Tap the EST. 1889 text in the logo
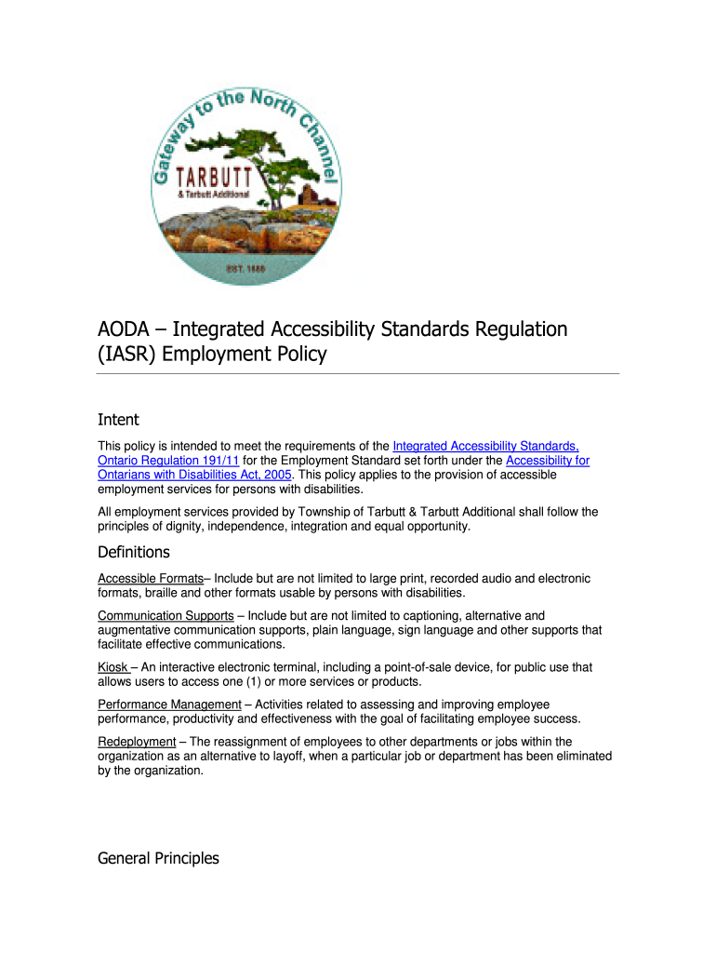click(246, 269)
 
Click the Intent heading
click(118, 421)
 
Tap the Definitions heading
click(134, 552)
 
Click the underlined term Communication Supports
click(166, 616)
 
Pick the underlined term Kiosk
click(113, 667)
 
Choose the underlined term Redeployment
click(137, 742)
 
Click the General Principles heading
click(158, 858)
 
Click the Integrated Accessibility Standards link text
click(485, 447)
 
